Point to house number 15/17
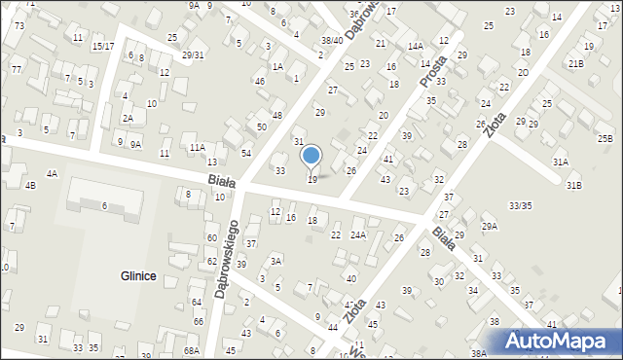(102, 46)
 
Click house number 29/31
(193, 54)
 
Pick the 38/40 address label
(332, 40)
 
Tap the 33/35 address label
(520, 205)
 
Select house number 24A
(358, 234)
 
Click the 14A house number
(416, 46)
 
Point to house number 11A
(197, 147)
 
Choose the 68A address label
(191, 350)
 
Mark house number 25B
(605, 139)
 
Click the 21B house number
(576, 63)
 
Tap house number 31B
(573, 186)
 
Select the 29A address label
(489, 227)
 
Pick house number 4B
(30, 185)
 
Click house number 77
(17, 69)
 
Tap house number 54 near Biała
(247, 154)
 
